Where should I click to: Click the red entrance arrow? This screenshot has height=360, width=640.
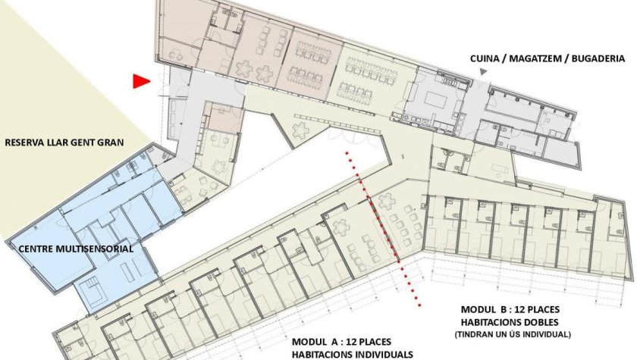pos(140,81)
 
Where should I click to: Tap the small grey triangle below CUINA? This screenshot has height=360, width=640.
pos(483,72)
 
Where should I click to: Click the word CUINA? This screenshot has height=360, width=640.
pos(485,58)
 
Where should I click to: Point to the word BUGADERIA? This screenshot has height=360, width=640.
pos(598,58)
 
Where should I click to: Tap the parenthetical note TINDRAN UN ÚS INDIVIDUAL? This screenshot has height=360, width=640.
pos(513,334)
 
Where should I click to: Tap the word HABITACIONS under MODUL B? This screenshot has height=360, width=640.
pos(489,322)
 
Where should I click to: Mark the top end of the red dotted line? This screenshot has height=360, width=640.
pos(347,153)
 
